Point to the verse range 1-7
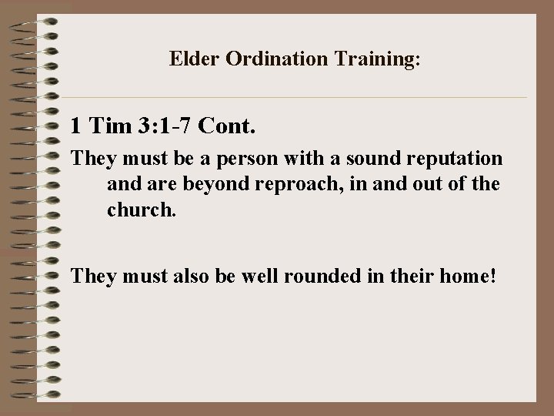pos(177,125)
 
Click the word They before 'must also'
pos(94,277)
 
